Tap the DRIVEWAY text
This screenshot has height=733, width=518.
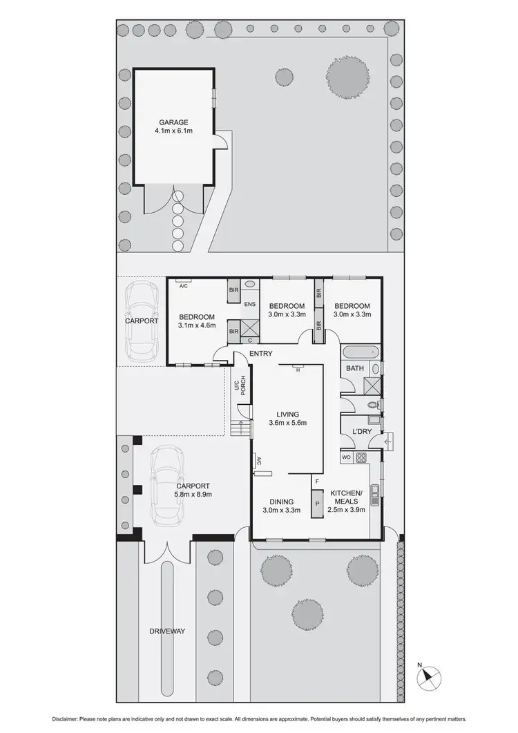(x=169, y=631)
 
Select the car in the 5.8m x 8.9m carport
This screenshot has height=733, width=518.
(x=166, y=485)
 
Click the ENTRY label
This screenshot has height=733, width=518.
(x=260, y=353)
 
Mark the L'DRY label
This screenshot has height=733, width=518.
(x=362, y=431)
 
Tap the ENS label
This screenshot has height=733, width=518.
(x=250, y=304)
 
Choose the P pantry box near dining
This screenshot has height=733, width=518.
(x=317, y=502)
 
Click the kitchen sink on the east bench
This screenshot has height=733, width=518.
(x=374, y=491)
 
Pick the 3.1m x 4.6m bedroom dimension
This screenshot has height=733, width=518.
(x=197, y=325)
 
